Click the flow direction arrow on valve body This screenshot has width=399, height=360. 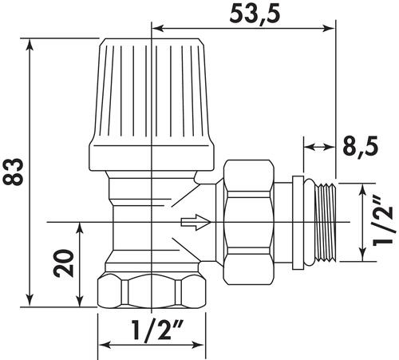coord(193,220)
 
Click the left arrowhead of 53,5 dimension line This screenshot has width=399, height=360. coord(156,30)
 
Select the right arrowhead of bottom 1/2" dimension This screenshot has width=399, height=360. coord(197,346)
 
